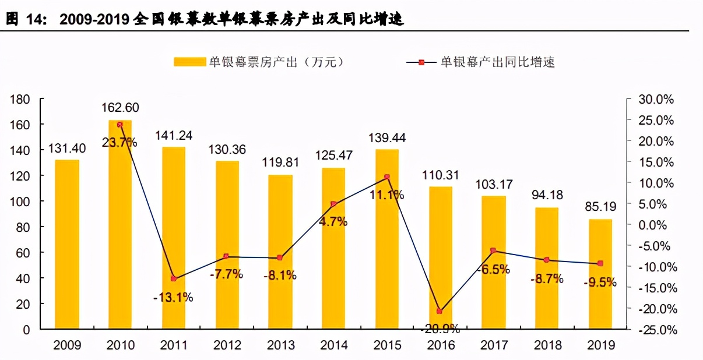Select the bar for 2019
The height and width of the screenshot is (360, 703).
click(x=600, y=274)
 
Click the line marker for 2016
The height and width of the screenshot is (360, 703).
click(x=440, y=312)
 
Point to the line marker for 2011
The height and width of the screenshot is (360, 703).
click(x=173, y=278)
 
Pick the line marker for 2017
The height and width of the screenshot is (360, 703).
click(x=493, y=250)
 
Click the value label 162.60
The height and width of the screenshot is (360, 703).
click(x=120, y=108)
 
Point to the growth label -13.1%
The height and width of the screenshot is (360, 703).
click(x=173, y=297)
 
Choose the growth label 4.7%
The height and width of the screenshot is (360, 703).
click(x=334, y=221)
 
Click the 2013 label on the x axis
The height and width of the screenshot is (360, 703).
click(x=280, y=345)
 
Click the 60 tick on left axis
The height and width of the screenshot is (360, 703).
click(x=23, y=253)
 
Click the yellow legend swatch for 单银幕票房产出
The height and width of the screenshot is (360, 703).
click(x=190, y=62)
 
